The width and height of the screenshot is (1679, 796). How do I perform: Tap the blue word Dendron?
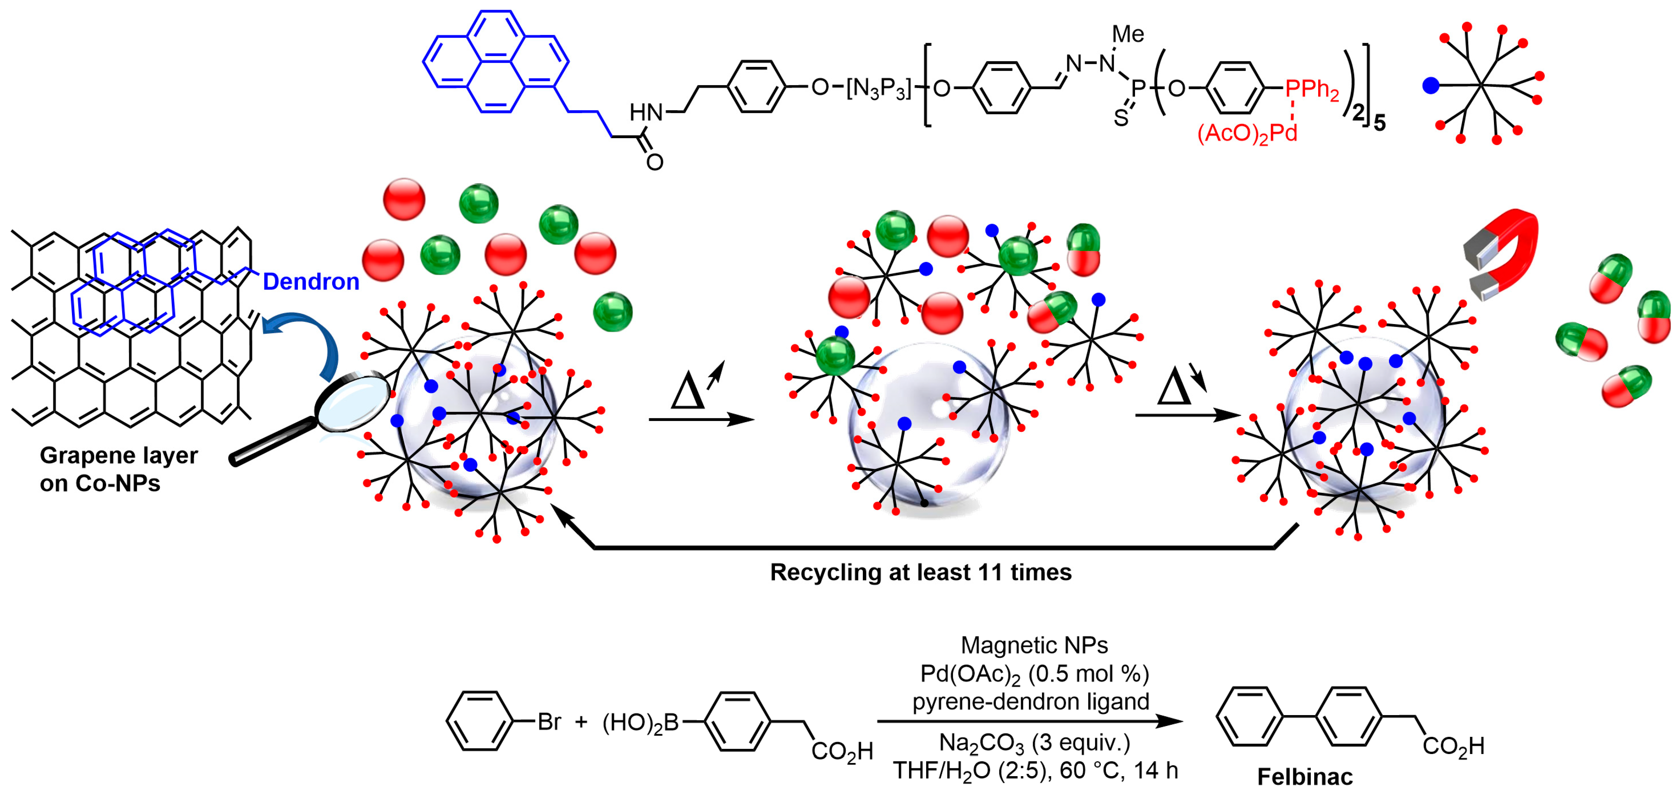tap(311, 282)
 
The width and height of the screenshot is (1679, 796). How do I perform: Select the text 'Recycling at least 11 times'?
tap(920, 572)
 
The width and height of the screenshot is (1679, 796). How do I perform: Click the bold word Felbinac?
tap(1305, 777)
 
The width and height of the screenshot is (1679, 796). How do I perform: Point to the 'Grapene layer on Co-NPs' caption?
tap(118, 469)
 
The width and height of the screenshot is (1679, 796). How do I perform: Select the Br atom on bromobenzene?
tap(549, 722)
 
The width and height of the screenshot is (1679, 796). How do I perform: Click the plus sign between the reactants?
tap(581, 722)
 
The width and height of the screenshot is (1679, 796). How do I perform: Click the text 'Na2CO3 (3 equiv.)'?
tap(1034, 743)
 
